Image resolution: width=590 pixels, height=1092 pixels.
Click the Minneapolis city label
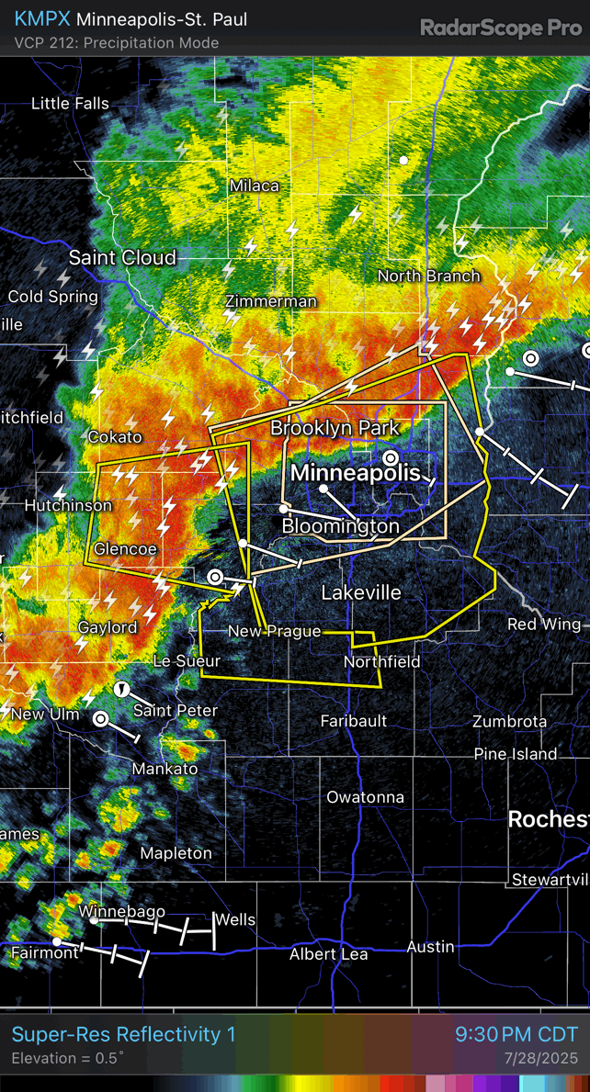point(356,473)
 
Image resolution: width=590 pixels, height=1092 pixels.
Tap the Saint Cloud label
point(122,257)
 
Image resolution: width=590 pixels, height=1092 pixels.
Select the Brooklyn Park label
point(335,428)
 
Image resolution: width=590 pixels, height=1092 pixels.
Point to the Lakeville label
point(361,592)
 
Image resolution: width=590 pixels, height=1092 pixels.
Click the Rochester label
point(549,819)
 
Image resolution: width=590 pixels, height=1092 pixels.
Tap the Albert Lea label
point(329,954)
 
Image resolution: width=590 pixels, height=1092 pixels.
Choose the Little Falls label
point(70,104)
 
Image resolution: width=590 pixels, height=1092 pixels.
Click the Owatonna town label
point(365,797)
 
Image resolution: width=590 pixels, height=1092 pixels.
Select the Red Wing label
point(544,625)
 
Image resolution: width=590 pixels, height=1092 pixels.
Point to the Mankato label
point(165,769)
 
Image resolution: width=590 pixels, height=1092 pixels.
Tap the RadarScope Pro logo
point(501,28)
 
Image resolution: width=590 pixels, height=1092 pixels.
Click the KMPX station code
point(42,19)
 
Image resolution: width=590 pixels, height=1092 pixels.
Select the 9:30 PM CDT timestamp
point(516,1035)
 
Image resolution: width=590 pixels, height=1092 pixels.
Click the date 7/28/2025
point(541,1059)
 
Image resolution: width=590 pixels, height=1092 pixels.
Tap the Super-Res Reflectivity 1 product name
point(123,1035)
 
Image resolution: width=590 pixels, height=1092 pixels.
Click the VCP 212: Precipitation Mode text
point(117,42)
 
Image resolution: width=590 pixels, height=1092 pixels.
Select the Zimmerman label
point(271,301)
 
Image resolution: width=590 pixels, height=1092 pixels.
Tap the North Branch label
point(429,276)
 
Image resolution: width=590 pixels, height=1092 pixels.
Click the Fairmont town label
point(45,953)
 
